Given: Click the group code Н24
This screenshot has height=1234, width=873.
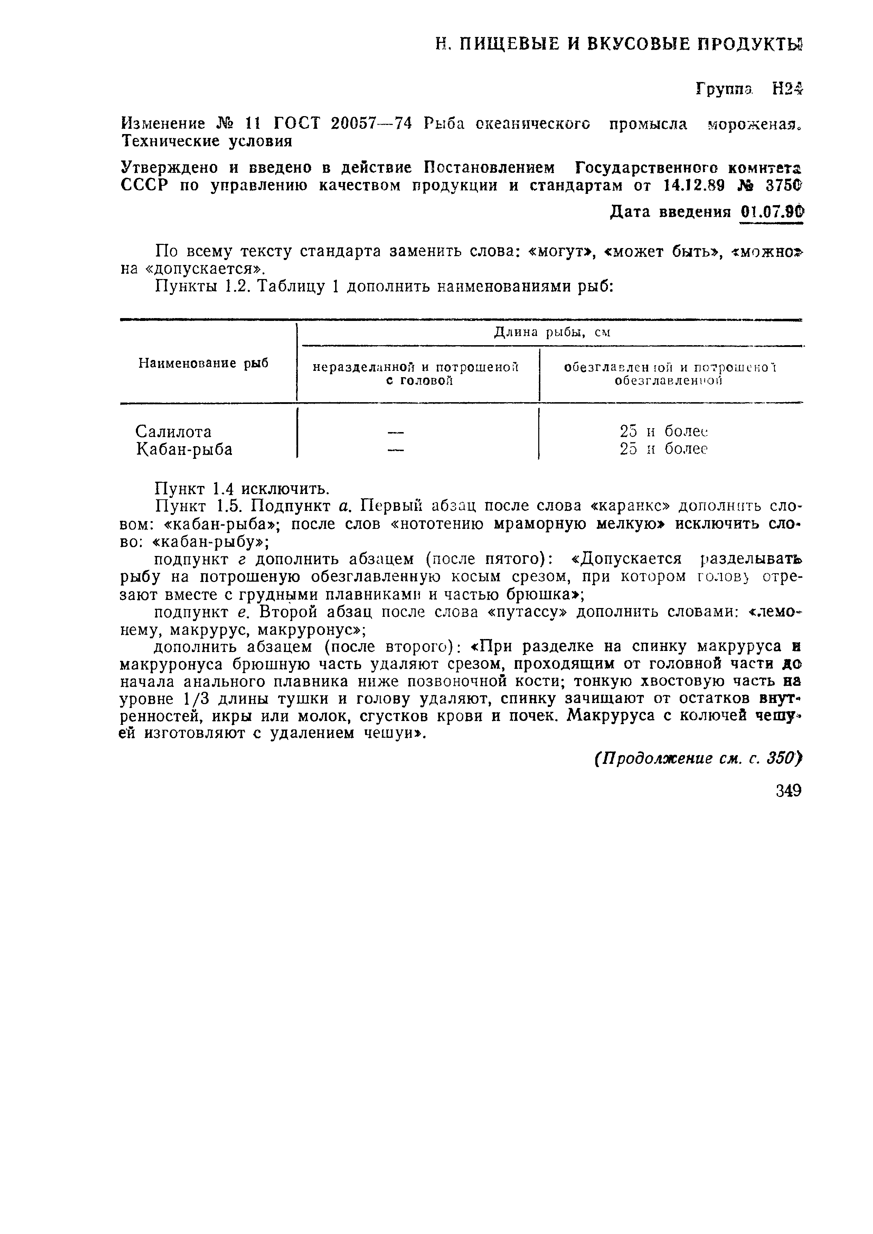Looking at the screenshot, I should [x=786, y=89].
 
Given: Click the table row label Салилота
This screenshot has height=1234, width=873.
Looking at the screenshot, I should [x=173, y=431].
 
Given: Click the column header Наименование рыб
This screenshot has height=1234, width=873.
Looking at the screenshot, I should [x=203, y=364].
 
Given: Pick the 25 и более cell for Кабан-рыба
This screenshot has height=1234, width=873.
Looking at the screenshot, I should [x=663, y=449].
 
